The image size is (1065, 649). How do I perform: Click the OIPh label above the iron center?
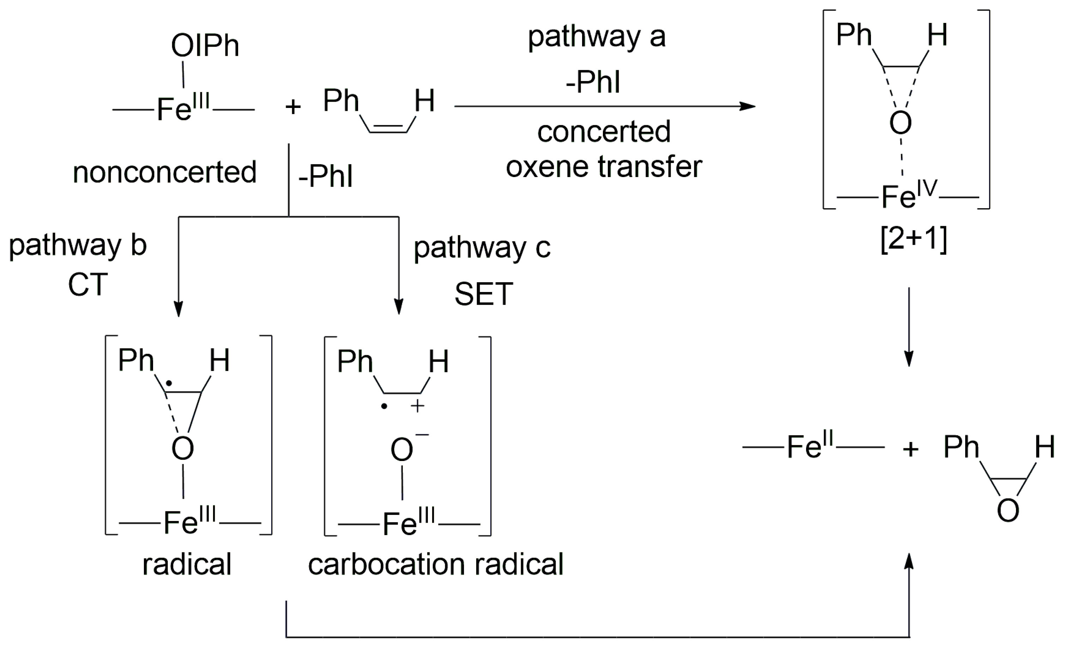pos(205,46)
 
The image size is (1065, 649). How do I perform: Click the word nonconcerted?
pos(165,172)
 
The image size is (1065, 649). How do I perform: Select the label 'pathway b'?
pos(78,245)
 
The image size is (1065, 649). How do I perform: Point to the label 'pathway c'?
pos(482,248)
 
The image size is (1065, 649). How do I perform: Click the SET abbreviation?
pos(484,294)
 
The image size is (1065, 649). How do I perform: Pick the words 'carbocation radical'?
pos(436,564)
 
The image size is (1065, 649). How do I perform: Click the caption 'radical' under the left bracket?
pos(187,564)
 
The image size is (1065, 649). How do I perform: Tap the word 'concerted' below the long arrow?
pos(604,132)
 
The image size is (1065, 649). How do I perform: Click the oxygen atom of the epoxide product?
pos(1008,510)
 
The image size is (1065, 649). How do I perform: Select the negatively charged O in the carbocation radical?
pos(402,449)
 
